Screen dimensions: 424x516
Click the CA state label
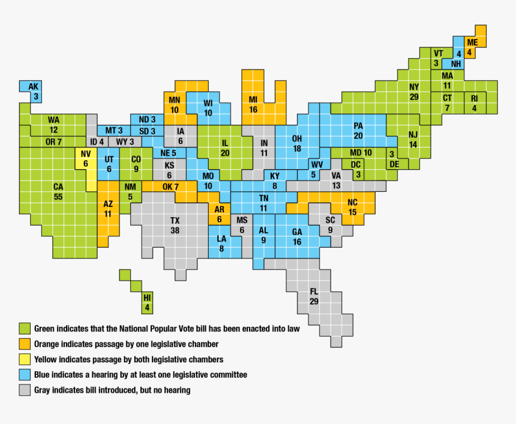[58, 187]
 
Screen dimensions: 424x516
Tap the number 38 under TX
[175, 230]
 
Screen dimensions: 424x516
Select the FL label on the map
[314, 291]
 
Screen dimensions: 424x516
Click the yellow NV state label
[86, 154]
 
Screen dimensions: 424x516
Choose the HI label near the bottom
[148, 298]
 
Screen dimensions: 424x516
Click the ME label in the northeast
[472, 42]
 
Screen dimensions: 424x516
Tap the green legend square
[24, 329]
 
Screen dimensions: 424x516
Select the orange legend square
[24, 344]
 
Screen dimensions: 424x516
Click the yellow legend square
[24, 359]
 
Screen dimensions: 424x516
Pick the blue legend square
[24, 375]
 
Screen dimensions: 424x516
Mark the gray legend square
[24, 390]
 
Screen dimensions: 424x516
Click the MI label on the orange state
[253, 100]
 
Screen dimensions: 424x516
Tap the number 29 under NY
[414, 97]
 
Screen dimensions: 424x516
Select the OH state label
[297, 139]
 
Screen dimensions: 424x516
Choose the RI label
[474, 98]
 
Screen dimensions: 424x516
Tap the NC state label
[352, 202]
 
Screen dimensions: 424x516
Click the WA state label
[54, 120]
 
